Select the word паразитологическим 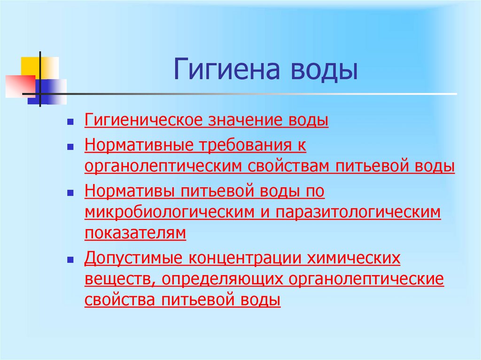tap(358, 213)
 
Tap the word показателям tap(135, 233)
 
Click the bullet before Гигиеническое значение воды tap(69, 122)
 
